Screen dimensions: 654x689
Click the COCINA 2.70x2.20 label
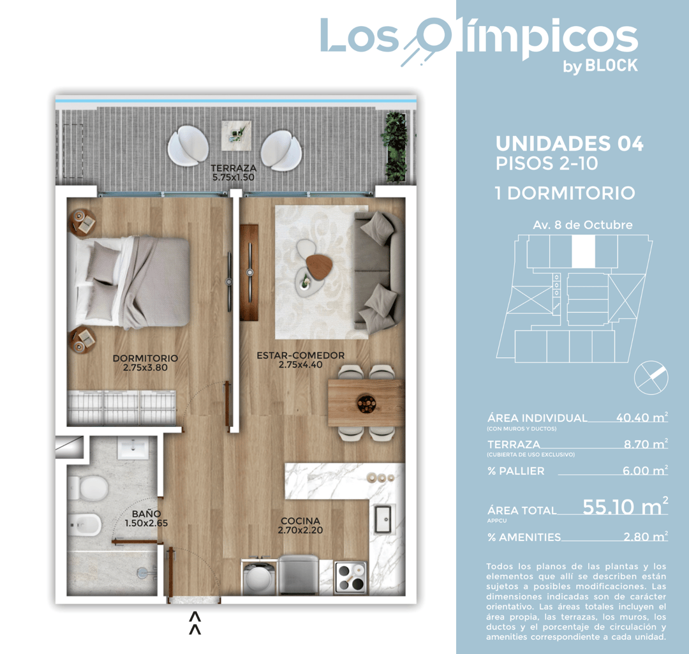pos(299,525)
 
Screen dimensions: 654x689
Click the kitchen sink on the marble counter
pos(385,518)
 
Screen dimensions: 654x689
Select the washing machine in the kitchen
pos(259,577)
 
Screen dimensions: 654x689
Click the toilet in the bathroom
pos(89,488)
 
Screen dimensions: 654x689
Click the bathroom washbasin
pos(133,449)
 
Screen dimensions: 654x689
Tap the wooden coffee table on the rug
pos(318,265)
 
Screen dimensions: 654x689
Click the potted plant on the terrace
pos(395,146)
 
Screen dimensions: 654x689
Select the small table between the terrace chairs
pos(236,135)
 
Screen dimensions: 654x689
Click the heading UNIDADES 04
pos(569,144)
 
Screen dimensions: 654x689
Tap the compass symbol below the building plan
pos(651,377)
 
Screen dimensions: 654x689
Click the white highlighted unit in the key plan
pos(583,251)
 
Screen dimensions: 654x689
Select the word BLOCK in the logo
pos(611,65)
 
